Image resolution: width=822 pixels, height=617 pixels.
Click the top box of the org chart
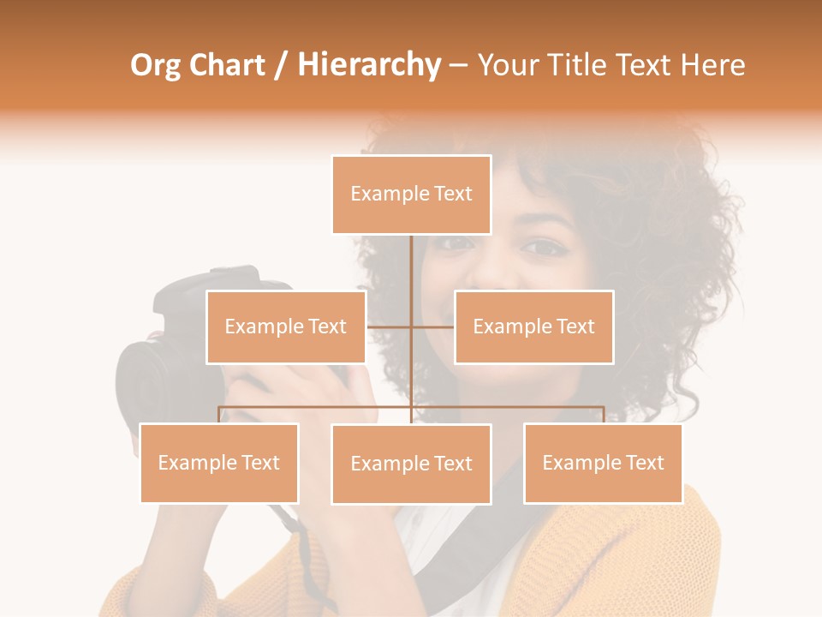(x=411, y=195)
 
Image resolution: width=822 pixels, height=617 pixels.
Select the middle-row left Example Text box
(x=286, y=326)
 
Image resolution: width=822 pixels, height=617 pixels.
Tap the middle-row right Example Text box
(x=533, y=326)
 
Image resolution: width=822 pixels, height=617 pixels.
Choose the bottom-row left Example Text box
(x=219, y=463)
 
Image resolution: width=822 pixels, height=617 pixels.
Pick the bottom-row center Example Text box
(x=411, y=464)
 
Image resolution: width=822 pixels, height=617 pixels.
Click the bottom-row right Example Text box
(x=603, y=463)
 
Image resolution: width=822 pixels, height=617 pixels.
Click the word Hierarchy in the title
(x=369, y=65)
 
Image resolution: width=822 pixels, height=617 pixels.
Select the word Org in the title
(x=155, y=66)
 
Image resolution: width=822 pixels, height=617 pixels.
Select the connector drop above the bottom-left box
(x=219, y=415)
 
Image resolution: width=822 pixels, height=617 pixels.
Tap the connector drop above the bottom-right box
(x=603, y=415)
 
